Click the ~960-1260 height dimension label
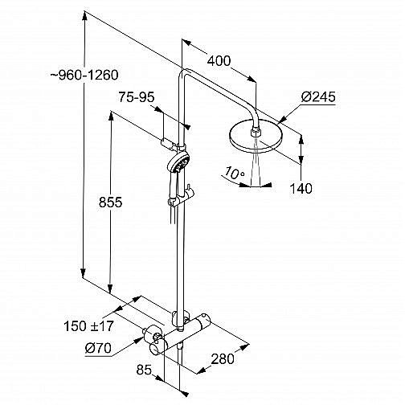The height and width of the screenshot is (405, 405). [84, 75]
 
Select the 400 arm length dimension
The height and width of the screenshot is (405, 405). [219, 61]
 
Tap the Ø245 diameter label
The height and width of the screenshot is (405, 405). [318, 96]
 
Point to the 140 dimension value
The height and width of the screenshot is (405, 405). [301, 189]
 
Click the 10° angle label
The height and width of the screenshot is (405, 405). [234, 173]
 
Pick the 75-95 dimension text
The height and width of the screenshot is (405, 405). [137, 97]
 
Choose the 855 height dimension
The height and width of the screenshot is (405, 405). [110, 202]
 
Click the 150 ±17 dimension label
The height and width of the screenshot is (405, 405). [88, 326]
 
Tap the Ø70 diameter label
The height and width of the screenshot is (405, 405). [98, 349]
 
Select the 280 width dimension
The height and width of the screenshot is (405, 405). [223, 358]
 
